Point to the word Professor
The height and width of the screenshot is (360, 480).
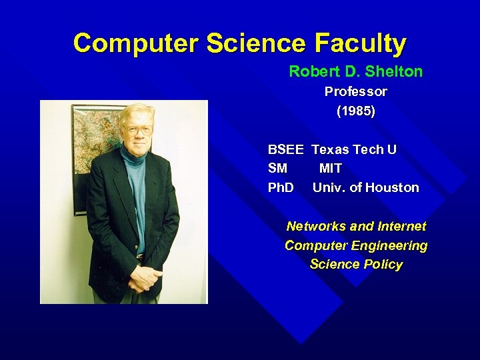coord(356,91)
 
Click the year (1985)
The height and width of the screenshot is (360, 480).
coord(356,111)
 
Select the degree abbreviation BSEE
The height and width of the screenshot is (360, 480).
coord(286,149)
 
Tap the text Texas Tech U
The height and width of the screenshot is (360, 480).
coord(354,149)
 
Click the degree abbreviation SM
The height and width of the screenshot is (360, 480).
coord(277,169)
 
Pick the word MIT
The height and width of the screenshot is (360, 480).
coord(331,169)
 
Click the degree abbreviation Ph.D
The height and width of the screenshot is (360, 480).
coord(281,188)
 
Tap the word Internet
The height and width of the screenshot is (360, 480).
coord(401,227)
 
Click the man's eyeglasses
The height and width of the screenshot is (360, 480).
coord(138,129)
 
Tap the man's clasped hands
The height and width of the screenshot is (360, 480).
coord(145,277)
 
